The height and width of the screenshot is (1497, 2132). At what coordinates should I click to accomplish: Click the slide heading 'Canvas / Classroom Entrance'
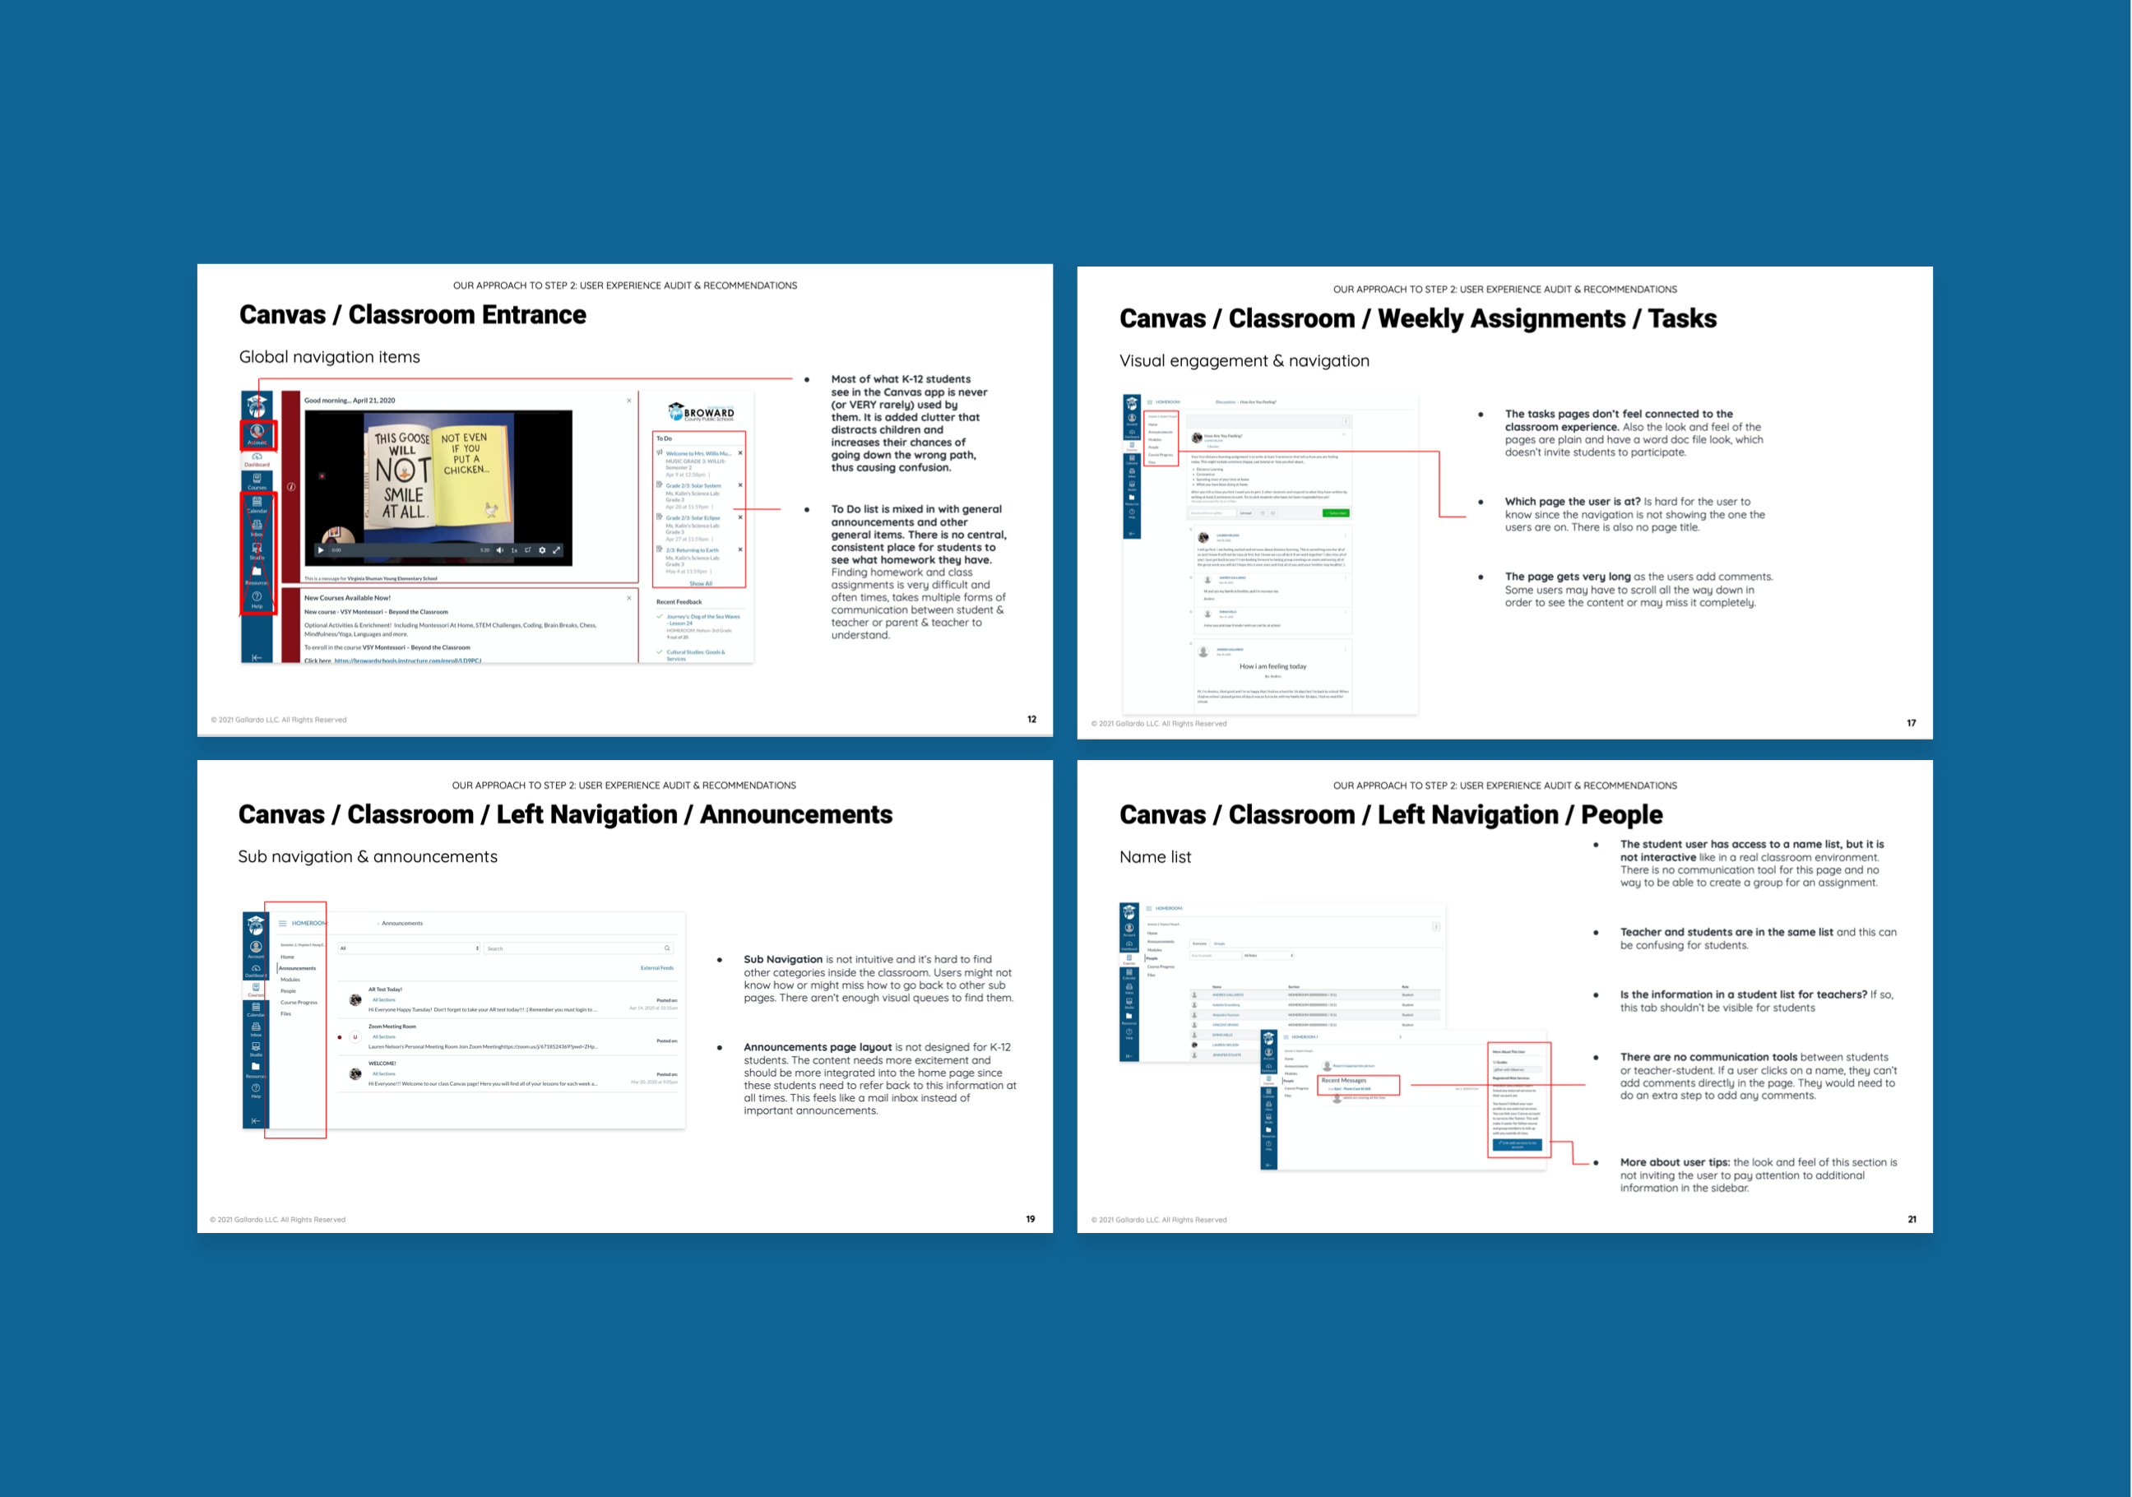(412, 315)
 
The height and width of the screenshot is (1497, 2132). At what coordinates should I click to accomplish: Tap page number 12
(1031, 719)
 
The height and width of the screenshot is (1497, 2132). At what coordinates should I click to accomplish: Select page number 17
(1911, 722)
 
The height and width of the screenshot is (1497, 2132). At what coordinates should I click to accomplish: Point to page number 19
(1030, 1218)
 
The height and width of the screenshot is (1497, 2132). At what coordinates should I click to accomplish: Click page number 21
(1911, 1219)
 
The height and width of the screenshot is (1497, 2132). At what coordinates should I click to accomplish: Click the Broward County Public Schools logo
(701, 412)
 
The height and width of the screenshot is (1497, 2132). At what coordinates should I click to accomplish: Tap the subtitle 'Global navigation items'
(329, 358)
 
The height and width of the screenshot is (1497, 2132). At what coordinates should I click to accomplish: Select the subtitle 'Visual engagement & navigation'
(1244, 361)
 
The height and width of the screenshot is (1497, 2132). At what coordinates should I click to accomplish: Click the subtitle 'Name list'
(1154, 857)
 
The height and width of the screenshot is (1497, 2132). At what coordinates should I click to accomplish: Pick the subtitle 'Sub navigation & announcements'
(367, 857)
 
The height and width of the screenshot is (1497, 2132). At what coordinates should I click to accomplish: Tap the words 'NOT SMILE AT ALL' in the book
(403, 489)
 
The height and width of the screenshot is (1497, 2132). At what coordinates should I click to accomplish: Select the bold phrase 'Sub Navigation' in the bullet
(782, 959)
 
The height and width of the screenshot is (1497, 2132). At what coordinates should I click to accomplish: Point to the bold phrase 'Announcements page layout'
(817, 1046)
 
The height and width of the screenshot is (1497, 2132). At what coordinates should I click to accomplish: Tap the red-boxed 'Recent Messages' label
(1344, 1080)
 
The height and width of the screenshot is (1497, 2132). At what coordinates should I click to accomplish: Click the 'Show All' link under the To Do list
(701, 583)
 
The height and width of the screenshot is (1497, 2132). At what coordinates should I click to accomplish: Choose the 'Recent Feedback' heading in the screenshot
(679, 602)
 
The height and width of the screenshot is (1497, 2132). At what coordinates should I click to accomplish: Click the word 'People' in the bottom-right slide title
(1621, 814)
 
